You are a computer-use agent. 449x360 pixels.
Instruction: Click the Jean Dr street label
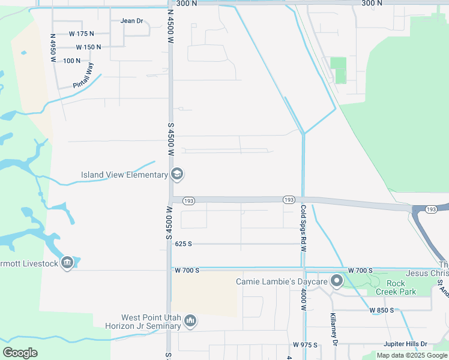pyautogui.click(x=132, y=21)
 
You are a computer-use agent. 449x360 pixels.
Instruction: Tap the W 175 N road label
pyautogui.click(x=82, y=34)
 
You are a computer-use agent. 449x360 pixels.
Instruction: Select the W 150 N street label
pyautogui.click(x=88, y=47)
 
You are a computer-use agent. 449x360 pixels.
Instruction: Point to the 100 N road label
pyautogui.click(x=71, y=61)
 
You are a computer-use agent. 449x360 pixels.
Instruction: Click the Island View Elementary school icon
pyautogui.click(x=177, y=175)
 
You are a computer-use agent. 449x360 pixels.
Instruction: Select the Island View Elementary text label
pyautogui.click(x=124, y=175)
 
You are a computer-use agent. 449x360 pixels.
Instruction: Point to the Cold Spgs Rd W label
pyautogui.click(x=304, y=224)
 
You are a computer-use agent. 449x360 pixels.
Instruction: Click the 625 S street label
pyautogui.click(x=183, y=244)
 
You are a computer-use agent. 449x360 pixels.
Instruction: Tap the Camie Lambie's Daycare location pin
pyautogui.click(x=337, y=281)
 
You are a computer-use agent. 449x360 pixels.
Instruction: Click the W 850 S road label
pyautogui.click(x=381, y=310)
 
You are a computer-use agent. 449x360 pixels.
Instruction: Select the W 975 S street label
pyautogui.click(x=305, y=345)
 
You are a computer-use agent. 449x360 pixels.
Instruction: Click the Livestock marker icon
pyautogui.click(x=67, y=263)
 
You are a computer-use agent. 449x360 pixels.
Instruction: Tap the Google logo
pyautogui.click(x=20, y=353)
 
